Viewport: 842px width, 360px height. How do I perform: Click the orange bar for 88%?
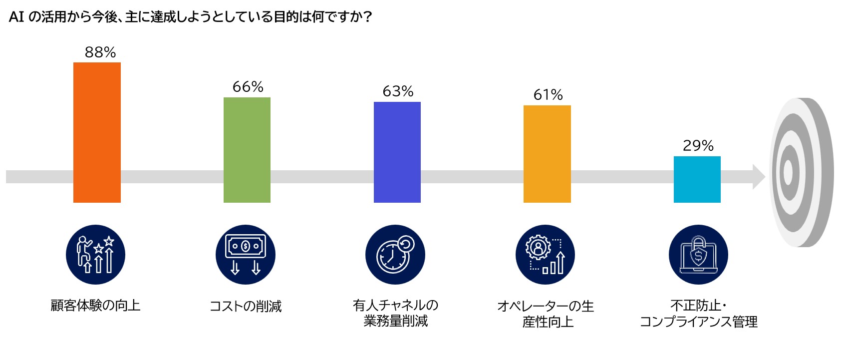(x=97, y=132)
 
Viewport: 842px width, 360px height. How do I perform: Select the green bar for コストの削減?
(x=247, y=150)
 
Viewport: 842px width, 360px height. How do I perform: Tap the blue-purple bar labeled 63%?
(x=397, y=152)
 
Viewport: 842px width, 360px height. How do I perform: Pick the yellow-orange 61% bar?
(x=547, y=154)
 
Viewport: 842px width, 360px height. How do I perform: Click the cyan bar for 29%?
(x=697, y=179)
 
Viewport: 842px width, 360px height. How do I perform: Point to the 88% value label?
(x=100, y=52)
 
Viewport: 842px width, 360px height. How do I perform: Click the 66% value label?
(x=248, y=87)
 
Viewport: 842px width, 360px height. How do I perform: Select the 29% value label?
(x=698, y=146)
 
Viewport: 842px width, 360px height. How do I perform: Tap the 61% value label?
(x=548, y=95)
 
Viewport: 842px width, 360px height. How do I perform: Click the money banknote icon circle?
(x=245, y=255)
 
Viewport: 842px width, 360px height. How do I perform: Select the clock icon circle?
(x=395, y=255)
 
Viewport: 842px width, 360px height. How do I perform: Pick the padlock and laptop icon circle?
(x=698, y=255)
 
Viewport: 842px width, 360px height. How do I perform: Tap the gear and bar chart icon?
(x=545, y=255)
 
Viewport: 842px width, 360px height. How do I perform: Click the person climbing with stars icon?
(x=95, y=255)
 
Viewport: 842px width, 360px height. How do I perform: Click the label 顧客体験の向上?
(x=95, y=305)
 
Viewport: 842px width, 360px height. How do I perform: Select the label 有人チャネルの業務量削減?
(x=395, y=313)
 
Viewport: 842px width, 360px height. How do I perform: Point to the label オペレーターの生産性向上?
(x=546, y=314)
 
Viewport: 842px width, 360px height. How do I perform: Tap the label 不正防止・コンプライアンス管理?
(x=698, y=314)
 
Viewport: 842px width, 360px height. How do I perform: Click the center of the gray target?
(x=788, y=172)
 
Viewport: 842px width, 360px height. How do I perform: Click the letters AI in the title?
(x=16, y=17)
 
